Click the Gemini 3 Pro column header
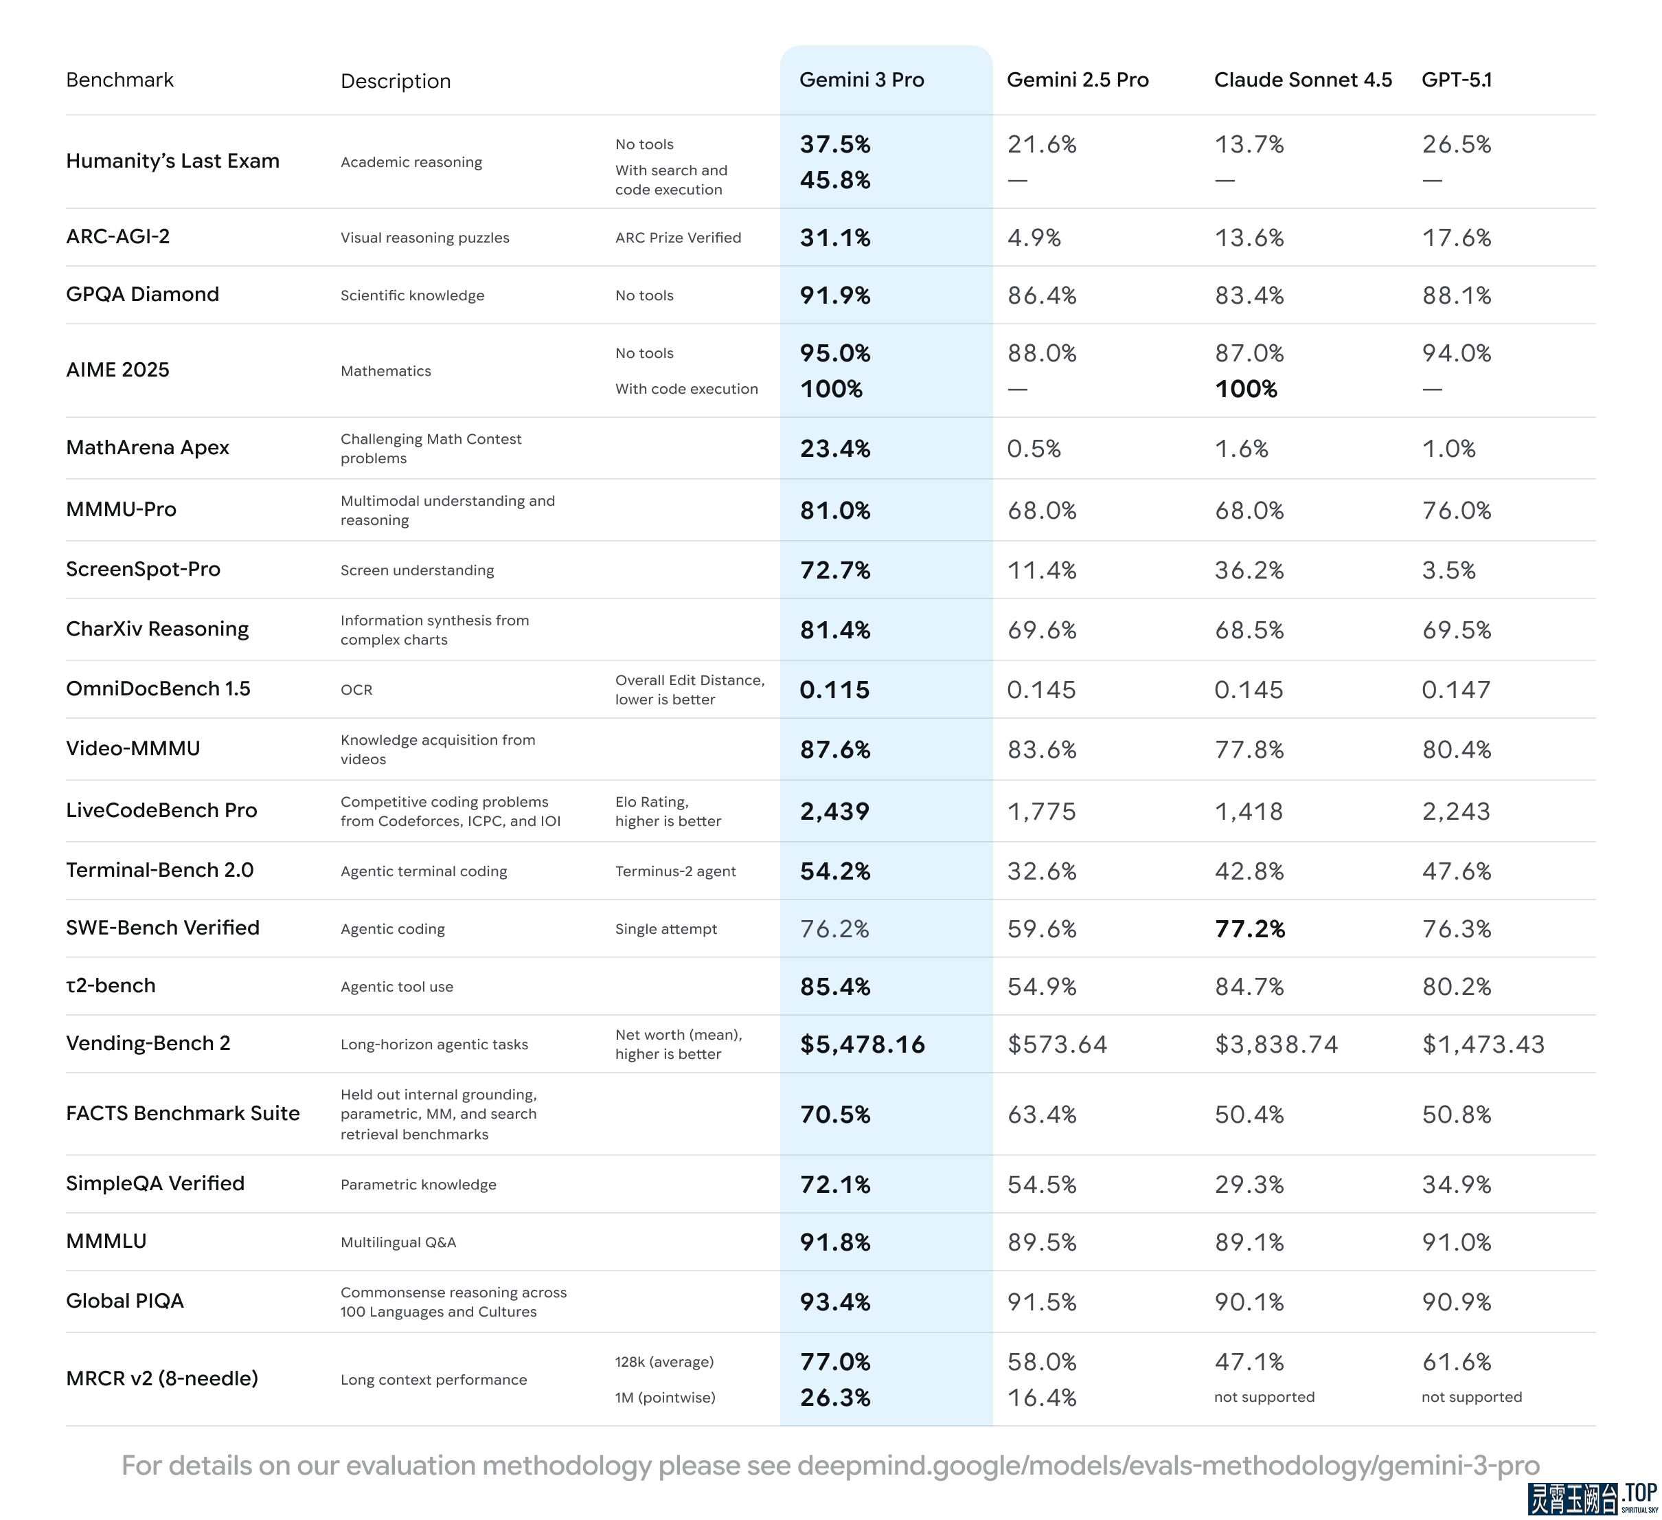861,80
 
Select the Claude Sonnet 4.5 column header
1303,80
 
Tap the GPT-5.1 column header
1457,80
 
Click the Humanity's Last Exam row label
172,161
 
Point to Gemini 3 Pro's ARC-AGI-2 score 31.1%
834,238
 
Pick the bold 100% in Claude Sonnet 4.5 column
1246,388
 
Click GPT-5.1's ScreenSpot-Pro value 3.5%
1448,570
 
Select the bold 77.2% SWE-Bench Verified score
1250,928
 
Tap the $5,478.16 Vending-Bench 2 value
863,1044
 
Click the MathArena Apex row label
148,448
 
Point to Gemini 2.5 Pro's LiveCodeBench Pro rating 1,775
1041,811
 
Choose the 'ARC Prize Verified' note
678,238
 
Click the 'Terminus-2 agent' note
675,871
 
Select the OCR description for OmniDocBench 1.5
356,689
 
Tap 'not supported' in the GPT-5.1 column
1472,1396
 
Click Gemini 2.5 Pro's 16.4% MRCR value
1041,1397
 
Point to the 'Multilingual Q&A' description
398,1242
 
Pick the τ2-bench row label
111,985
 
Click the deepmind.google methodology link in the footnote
1168,1465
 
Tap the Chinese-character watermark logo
1573,1499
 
